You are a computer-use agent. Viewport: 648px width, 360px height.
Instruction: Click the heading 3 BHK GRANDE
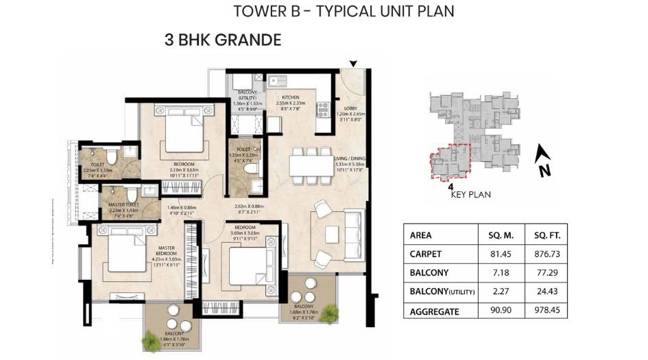coord(223,40)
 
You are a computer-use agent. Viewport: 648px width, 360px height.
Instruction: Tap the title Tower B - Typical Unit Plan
coord(344,11)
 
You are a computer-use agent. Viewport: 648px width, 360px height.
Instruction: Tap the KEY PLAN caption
coord(470,194)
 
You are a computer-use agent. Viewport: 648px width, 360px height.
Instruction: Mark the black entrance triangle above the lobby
coord(353,64)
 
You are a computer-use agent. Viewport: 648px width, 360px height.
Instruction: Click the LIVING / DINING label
coord(350,159)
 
